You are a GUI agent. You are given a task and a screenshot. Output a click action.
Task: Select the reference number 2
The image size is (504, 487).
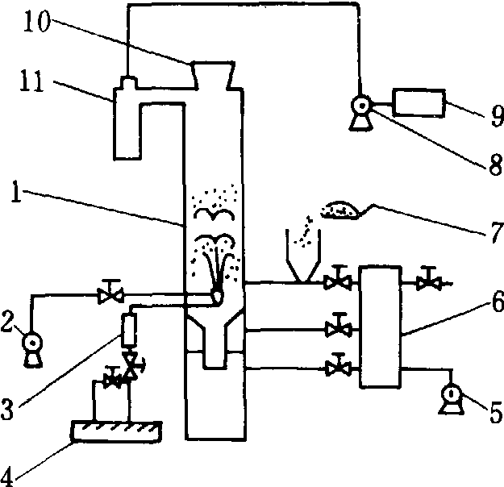pyautogui.click(x=9, y=325)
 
